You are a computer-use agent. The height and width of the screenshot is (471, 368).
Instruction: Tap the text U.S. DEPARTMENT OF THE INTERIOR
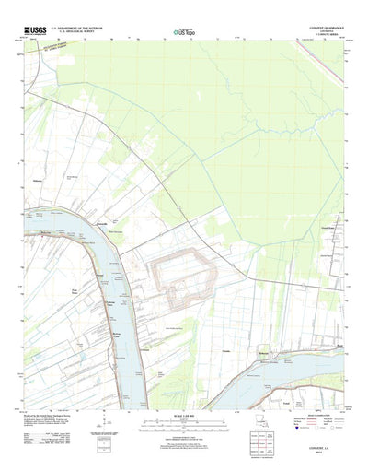pos(78,29)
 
